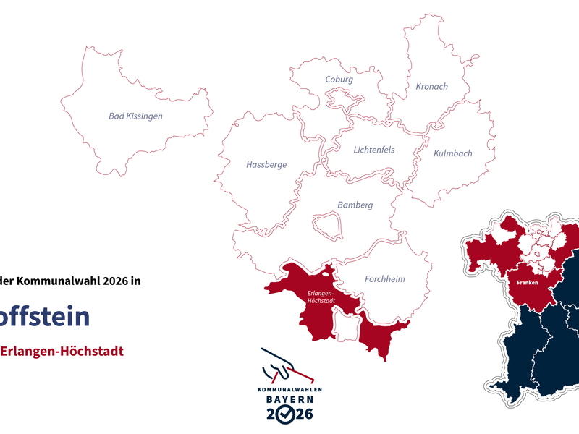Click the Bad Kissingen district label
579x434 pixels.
(x=135, y=116)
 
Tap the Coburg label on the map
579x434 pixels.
(x=339, y=80)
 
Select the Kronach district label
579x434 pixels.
(x=431, y=87)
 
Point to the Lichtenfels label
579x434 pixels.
(x=374, y=150)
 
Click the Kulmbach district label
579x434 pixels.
(x=452, y=153)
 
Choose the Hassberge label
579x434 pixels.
(x=266, y=165)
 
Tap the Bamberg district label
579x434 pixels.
(x=355, y=205)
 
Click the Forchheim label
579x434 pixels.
(x=384, y=279)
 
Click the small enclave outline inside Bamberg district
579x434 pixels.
(x=326, y=225)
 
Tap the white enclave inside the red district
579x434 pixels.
(x=346, y=323)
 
